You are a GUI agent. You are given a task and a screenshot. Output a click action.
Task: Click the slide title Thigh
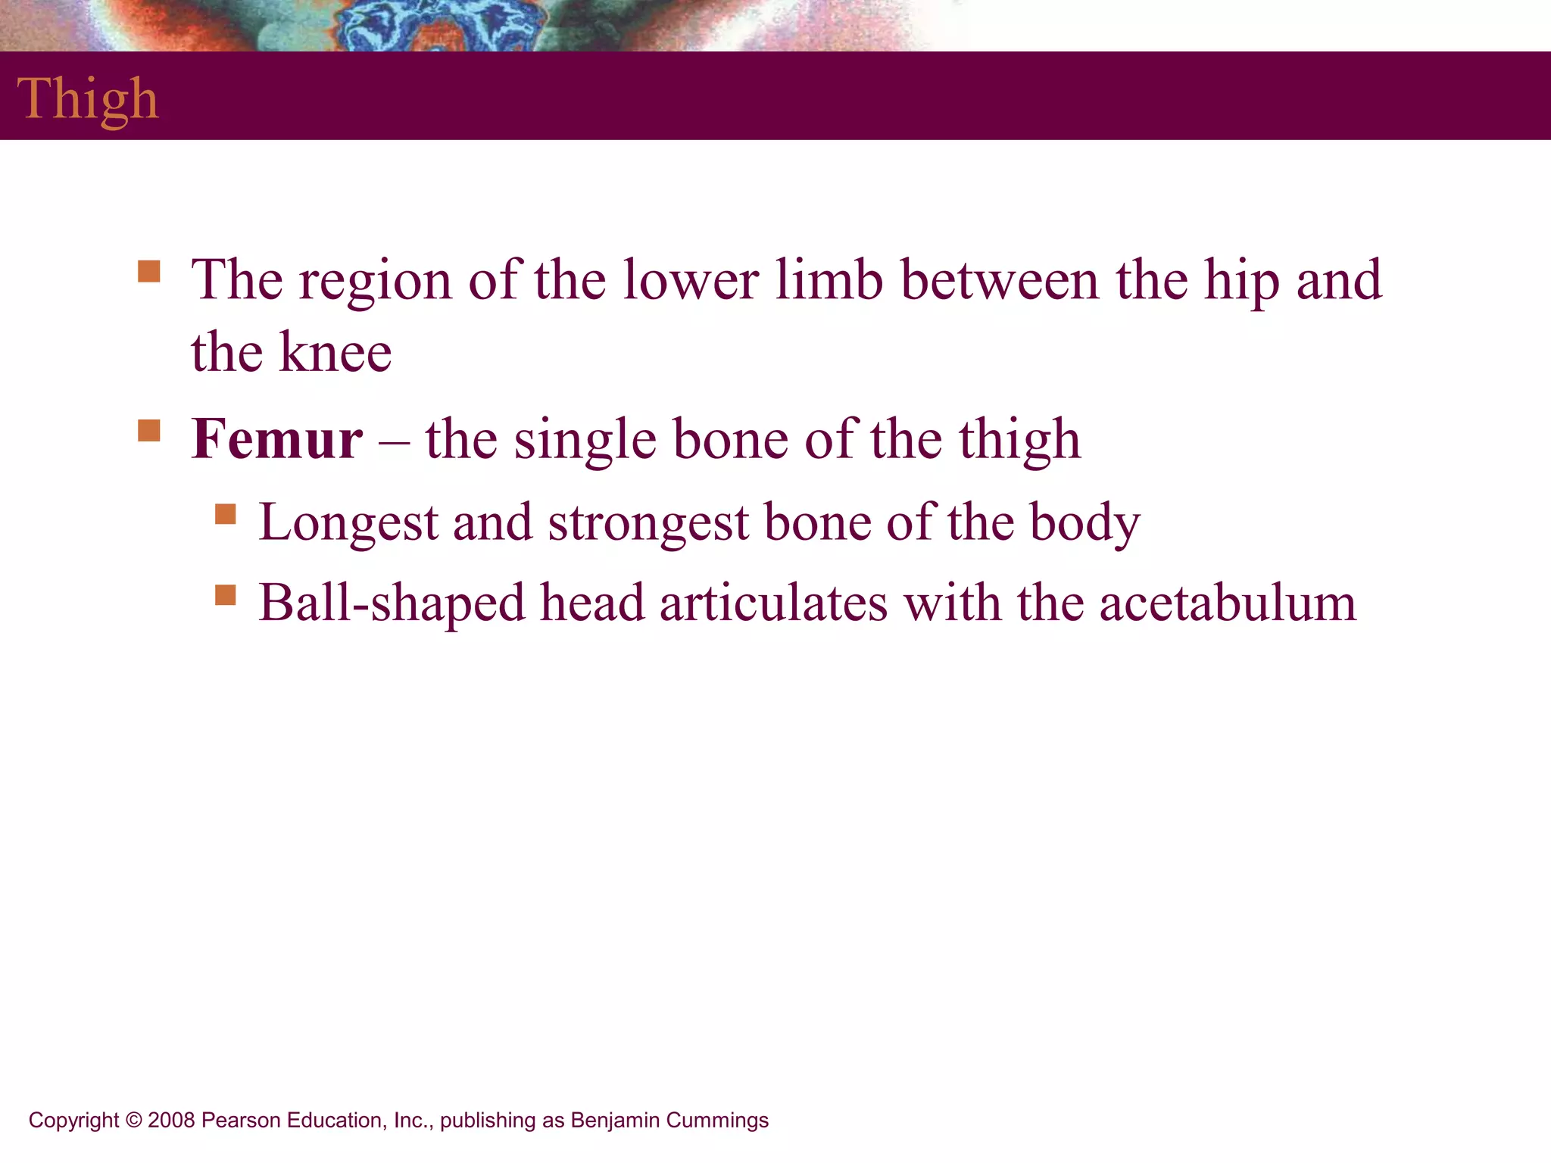point(88,99)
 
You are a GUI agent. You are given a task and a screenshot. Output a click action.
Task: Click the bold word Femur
point(276,439)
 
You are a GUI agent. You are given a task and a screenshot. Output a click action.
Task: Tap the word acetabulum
point(1228,603)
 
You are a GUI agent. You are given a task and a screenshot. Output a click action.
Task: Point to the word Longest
point(348,524)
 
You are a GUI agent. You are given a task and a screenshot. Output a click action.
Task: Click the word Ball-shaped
point(392,605)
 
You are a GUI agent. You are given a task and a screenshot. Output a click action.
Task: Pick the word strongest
point(649,524)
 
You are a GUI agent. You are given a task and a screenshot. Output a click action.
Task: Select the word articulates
point(773,603)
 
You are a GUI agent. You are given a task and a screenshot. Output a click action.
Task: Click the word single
point(585,441)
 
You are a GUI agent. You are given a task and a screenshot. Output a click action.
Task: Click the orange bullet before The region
point(149,271)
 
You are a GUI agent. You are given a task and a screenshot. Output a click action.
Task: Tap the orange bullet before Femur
point(149,430)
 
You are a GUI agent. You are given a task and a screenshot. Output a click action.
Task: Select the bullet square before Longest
point(225,514)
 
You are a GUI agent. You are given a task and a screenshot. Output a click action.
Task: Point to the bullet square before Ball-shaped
point(225,595)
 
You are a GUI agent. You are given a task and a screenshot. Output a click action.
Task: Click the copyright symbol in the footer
point(133,1121)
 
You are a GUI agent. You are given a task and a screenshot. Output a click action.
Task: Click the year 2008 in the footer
point(172,1121)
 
